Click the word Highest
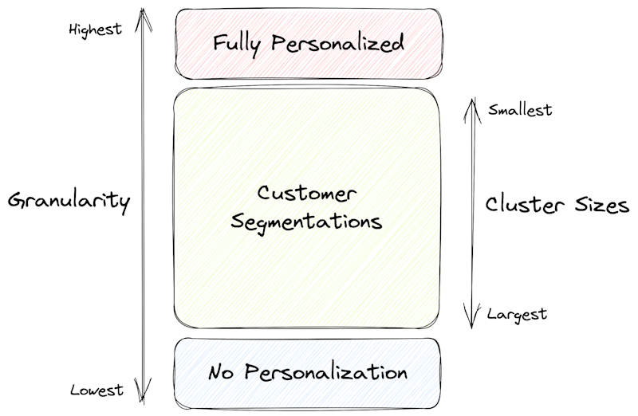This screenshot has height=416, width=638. coord(96,29)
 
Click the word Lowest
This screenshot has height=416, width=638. coord(96,390)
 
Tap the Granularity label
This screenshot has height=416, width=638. coord(69,201)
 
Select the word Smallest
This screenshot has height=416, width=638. coord(520,111)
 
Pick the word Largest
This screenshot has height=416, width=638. coord(517,314)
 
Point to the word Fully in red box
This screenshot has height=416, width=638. coord(238,43)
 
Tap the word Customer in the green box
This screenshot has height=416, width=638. coord(307,194)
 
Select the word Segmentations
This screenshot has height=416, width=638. coord(307,220)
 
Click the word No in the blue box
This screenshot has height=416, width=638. coord(221,372)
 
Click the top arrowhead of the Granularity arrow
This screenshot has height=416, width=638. coord(142,13)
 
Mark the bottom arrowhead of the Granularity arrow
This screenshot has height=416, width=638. coord(142,398)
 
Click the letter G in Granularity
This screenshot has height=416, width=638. coord(16,201)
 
